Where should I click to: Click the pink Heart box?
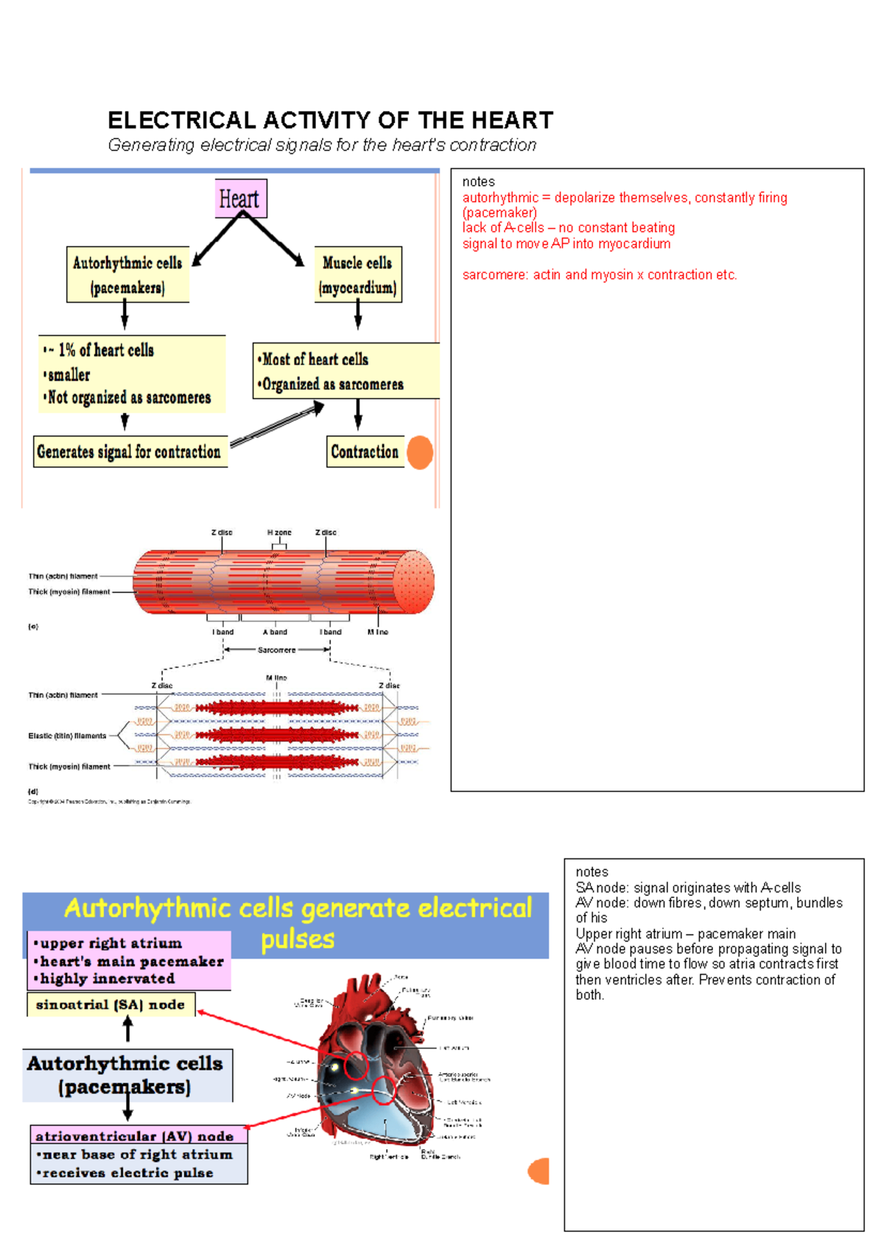[x=241, y=198]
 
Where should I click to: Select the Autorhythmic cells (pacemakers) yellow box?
[x=127, y=275]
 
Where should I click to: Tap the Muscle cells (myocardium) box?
[x=358, y=275]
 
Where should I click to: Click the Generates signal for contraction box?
[x=129, y=452]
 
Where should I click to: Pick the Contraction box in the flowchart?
[x=365, y=452]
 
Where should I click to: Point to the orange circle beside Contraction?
[x=420, y=452]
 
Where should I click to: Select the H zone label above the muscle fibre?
[x=279, y=532]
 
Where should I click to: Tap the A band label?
[x=275, y=632]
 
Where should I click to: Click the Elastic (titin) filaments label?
[x=67, y=736]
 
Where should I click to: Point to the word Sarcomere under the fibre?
[x=276, y=650]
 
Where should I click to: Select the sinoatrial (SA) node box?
[x=110, y=1005]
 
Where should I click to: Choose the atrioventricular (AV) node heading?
[x=135, y=1136]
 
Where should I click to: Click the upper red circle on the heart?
[x=356, y=1065]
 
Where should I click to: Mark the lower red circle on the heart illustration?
[x=384, y=1090]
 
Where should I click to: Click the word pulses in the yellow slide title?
[x=298, y=940]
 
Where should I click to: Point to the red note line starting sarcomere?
[x=599, y=275]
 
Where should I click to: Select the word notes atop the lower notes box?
[x=592, y=872]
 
